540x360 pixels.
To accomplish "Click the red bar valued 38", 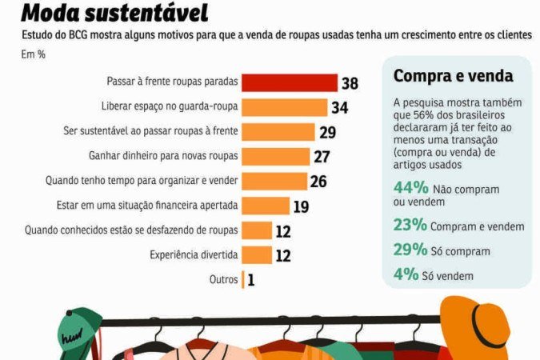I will [x=290, y=82].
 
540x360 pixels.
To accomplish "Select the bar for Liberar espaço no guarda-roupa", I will [x=285, y=107].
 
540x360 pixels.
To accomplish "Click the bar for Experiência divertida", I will [x=257, y=255].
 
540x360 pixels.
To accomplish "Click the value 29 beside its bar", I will [x=327, y=132].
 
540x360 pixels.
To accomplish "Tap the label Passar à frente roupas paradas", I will [x=170, y=82].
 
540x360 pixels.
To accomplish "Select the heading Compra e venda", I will [x=453, y=77].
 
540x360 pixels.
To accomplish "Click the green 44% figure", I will [x=410, y=189].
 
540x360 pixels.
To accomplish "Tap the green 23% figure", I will [x=410, y=226].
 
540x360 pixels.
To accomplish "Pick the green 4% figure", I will [x=406, y=274].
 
